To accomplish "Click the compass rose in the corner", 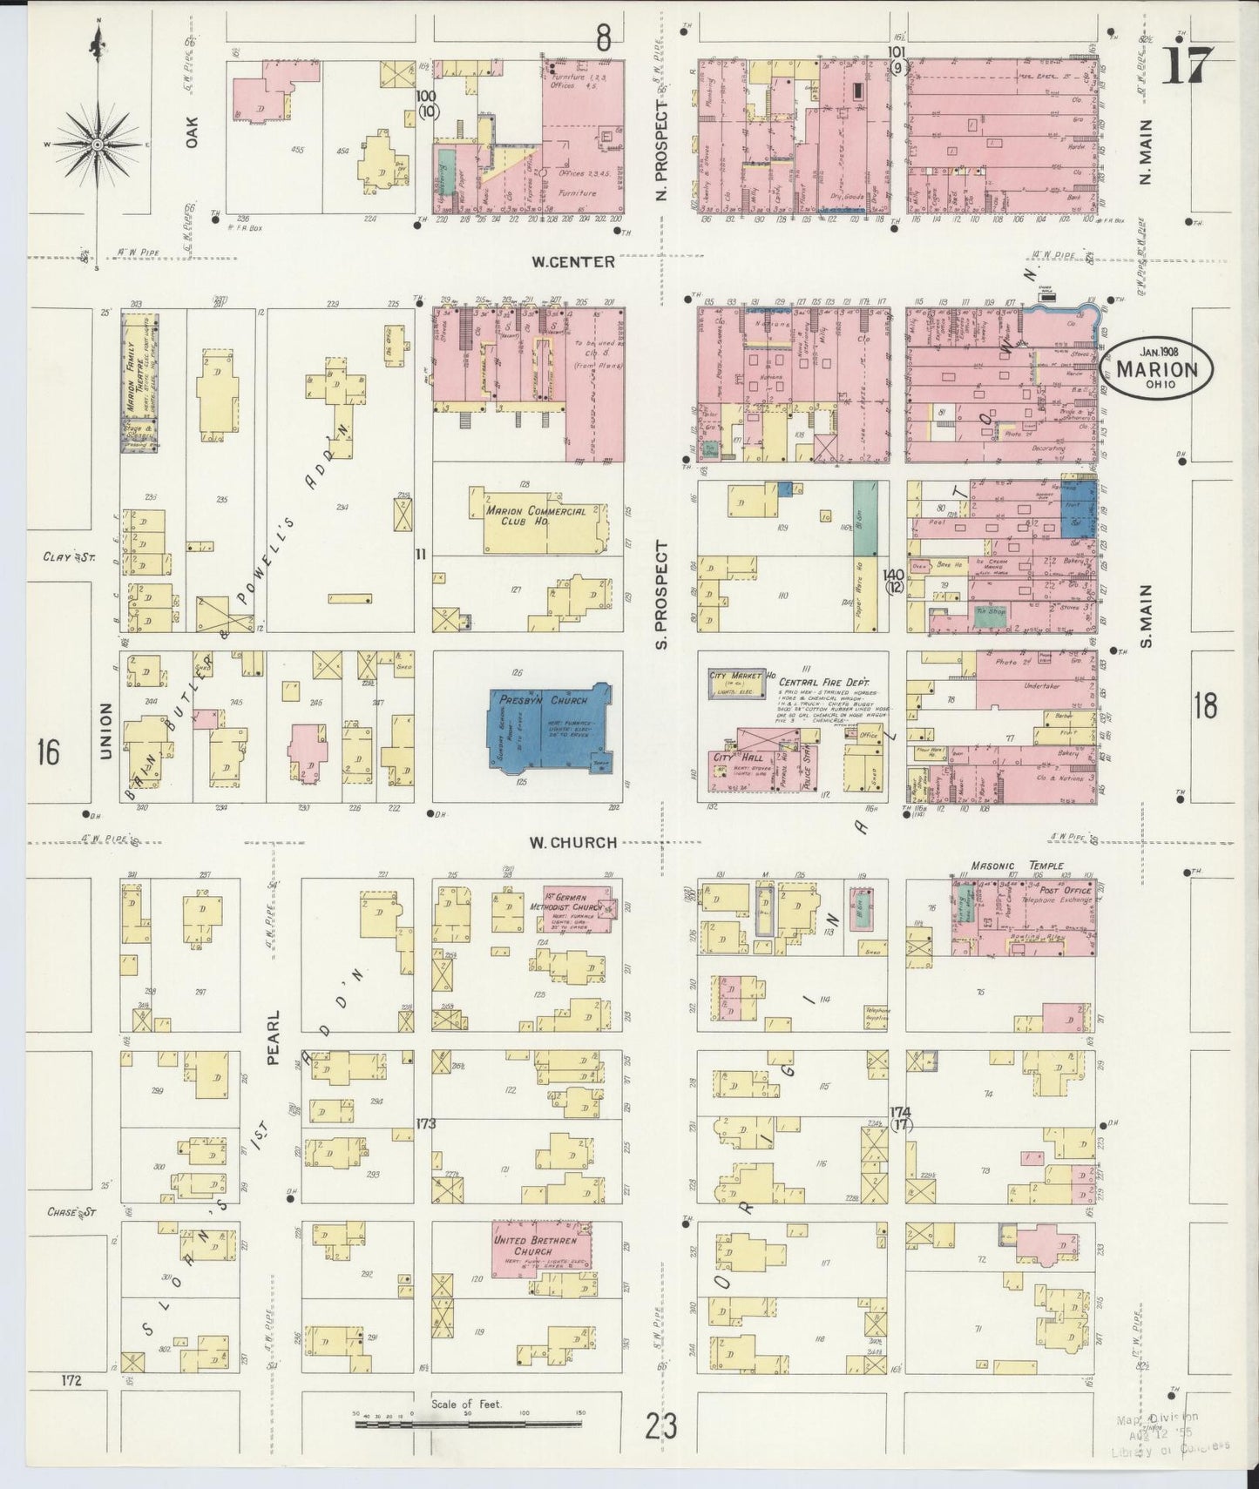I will coord(98,143).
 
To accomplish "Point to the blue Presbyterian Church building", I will coord(548,728).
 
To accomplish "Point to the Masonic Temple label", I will coord(1018,866).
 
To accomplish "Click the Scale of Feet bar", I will coord(470,1425).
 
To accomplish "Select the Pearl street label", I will coord(274,1038).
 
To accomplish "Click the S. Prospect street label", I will coord(661,595).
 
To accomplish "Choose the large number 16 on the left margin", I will coord(48,750).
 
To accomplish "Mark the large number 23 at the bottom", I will coord(660,1428).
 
